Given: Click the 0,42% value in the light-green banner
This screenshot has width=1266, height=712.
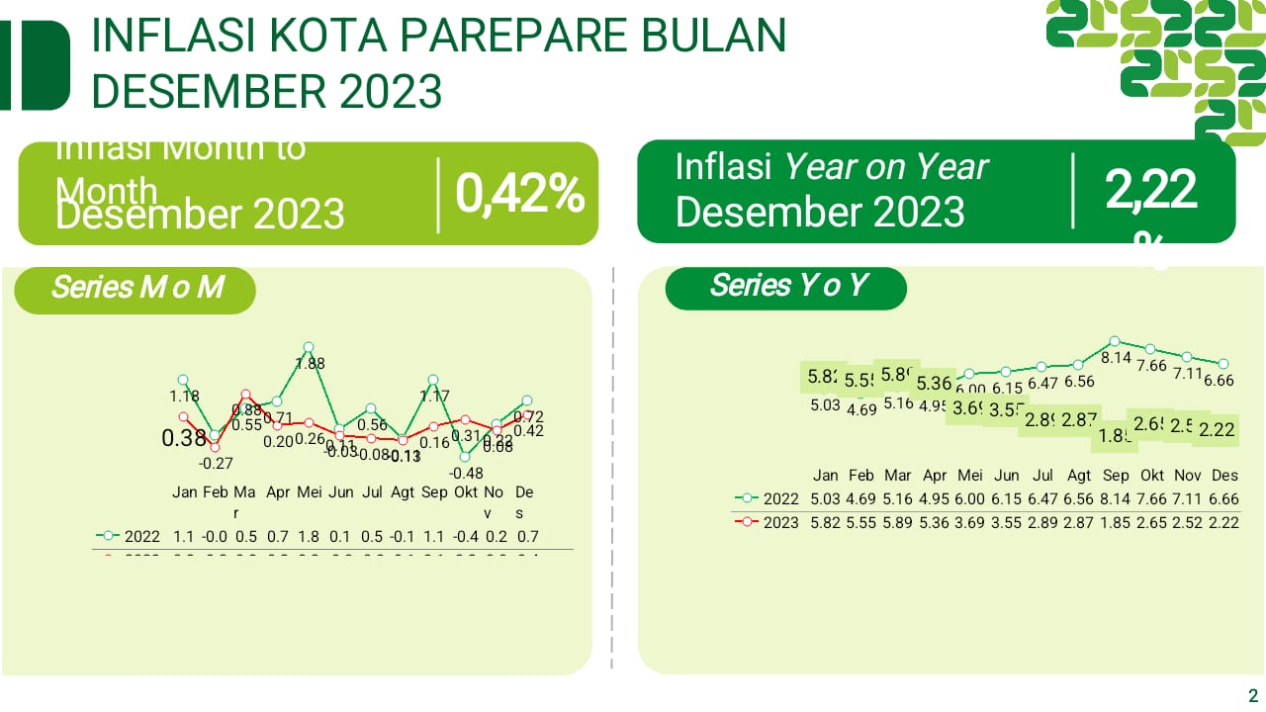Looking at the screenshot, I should tap(519, 194).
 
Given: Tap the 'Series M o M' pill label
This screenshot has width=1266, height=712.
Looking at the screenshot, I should tap(136, 288).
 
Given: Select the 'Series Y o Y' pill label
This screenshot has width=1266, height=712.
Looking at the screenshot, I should tap(788, 286).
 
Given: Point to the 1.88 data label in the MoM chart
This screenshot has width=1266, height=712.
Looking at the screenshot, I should tap(311, 364).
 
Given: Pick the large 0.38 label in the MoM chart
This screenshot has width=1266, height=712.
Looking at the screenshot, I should tap(185, 437).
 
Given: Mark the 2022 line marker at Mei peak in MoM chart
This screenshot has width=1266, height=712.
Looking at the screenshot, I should tap(309, 347).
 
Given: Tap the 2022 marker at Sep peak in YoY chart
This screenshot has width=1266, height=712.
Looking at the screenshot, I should tap(1115, 341).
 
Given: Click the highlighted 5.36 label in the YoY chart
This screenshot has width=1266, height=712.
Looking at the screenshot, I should tap(934, 384).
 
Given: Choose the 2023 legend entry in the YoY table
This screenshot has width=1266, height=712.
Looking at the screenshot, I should tap(767, 522).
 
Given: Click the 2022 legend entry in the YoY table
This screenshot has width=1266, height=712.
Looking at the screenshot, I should tap(767, 498).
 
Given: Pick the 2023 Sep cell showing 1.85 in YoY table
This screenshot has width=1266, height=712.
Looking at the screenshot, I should tap(1116, 522).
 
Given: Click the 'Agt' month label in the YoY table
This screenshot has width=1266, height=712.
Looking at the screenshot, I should tap(1080, 475).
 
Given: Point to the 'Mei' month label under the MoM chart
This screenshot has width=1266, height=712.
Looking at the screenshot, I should tap(310, 491).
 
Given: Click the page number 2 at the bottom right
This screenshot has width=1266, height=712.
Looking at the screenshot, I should tap(1253, 694).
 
